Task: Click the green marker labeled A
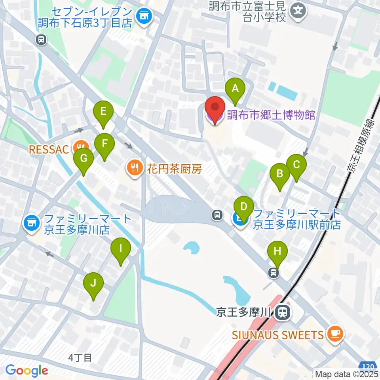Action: [x=235, y=89]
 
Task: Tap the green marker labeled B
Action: [x=280, y=174]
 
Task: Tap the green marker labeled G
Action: [x=84, y=159]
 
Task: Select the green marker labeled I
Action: [x=121, y=249]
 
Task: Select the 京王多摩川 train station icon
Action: [x=282, y=312]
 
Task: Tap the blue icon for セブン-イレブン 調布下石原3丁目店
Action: [x=142, y=16]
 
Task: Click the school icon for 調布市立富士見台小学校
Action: [x=299, y=10]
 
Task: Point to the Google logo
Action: [x=27, y=370]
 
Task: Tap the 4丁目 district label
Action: [x=80, y=358]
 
